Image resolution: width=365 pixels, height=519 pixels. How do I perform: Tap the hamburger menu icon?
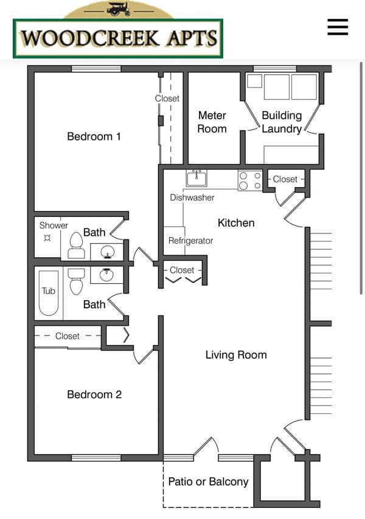point(338,27)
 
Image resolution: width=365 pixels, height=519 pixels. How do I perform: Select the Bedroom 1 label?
point(94,136)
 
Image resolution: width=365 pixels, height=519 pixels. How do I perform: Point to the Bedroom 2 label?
point(94,394)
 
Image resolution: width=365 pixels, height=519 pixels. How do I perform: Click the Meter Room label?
point(212,122)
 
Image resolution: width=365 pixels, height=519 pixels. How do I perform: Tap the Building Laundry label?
point(282,122)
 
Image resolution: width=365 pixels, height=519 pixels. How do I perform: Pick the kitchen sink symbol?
point(196,179)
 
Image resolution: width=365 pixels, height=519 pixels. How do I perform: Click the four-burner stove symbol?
point(250,180)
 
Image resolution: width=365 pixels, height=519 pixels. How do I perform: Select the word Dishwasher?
point(192,198)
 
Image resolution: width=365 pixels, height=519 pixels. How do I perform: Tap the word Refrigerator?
point(190,240)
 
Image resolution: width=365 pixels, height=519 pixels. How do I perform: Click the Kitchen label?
point(236,223)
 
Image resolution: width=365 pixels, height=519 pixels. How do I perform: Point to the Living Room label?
point(236,355)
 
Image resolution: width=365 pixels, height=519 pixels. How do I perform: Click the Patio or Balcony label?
point(208,481)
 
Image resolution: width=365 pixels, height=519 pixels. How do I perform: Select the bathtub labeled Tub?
point(48,294)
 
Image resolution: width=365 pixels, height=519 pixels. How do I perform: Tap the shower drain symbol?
point(47,238)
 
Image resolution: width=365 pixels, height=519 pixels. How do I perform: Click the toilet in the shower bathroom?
point(76,246)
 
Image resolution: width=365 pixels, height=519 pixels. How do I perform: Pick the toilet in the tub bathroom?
point(76,281)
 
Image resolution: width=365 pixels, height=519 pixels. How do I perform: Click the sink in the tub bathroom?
point(106,275)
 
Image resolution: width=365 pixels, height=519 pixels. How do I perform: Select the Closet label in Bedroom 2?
point(68,336)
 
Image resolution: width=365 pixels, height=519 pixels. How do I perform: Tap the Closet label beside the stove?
point(285,179)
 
